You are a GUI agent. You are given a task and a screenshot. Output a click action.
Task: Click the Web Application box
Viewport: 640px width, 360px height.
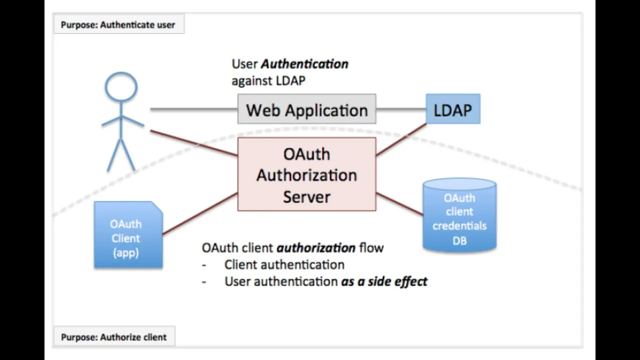[306, 109]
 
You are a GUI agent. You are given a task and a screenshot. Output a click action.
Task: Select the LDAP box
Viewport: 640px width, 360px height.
[453, 109]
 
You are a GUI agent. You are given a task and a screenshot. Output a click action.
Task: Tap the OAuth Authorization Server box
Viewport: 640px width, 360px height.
[306, 174]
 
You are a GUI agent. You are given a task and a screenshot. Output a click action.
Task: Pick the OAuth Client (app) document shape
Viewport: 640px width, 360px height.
[128, 235]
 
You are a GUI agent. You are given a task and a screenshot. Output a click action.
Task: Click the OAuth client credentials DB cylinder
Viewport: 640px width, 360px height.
[459, 215]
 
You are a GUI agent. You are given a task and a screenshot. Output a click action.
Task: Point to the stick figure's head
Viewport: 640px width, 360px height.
[121, 87]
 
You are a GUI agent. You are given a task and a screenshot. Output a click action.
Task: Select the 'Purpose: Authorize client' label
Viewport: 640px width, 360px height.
[114, 336]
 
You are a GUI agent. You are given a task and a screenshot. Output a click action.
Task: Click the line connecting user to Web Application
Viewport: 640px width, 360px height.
[193, 109]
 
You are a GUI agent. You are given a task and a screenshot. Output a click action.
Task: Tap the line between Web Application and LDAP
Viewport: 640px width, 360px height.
[401, 109]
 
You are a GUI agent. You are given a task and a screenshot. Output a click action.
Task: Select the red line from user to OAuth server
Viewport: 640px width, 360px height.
[193, 143]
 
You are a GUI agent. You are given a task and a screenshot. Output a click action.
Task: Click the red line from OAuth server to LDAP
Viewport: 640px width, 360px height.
[401, 139]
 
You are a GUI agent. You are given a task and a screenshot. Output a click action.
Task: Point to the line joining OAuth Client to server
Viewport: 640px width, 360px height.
[200, 213]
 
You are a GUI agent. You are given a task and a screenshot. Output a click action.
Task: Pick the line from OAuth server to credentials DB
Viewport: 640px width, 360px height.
[399, 204]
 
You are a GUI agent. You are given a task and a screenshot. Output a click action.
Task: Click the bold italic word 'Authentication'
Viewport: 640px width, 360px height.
[304, 64]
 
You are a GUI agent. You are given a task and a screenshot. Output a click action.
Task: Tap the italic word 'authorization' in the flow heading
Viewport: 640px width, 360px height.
[316, 247]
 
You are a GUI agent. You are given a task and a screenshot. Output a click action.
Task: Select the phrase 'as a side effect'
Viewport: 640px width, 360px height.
[384, 281]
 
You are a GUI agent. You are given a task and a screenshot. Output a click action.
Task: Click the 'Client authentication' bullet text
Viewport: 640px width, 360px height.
[284, 264]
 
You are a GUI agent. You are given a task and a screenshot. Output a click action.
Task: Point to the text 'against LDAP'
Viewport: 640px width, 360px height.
[268, 80]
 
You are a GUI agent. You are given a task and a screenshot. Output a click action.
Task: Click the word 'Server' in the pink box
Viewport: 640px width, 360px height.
[306, 197]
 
